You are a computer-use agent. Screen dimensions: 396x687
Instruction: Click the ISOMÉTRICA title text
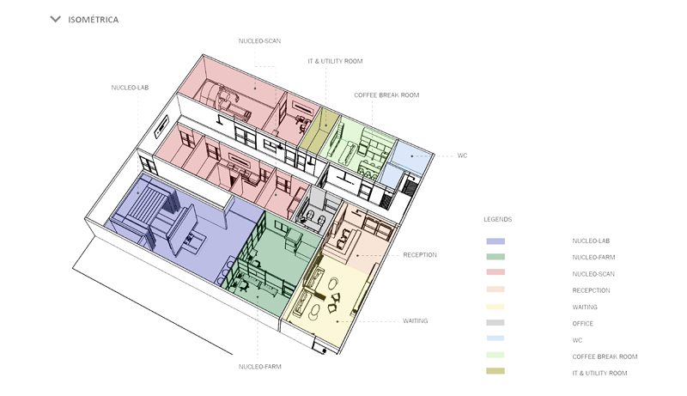coord(94,20)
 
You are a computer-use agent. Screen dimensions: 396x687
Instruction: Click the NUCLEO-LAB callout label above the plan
coord(131,87)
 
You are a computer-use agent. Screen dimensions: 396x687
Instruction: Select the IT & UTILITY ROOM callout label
coord(335,62)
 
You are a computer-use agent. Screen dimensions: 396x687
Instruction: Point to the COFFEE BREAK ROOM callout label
coord(386,94)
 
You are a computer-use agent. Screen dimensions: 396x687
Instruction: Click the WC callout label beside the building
coord(462,155)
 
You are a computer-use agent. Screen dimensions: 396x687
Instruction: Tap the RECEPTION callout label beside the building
coord(420,254)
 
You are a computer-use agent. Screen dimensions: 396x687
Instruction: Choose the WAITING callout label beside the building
coord(416,320)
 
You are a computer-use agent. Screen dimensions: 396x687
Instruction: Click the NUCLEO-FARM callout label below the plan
coord(260,367)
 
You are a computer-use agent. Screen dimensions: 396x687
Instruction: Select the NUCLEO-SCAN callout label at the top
coord(260,40)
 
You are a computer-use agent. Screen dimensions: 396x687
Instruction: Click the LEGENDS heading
coord(498,219)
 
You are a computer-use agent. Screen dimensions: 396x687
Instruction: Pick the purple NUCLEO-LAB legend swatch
coord(495,241)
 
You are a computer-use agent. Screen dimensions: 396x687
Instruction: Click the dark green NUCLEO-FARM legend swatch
coord(495,258)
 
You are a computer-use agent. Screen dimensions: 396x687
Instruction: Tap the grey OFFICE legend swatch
coord(495,324)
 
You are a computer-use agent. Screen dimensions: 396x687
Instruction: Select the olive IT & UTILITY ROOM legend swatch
coord(495,372)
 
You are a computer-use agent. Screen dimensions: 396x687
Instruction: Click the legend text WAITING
coord(585,307)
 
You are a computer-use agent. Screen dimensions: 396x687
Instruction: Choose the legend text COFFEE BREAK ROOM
coord(605,356)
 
